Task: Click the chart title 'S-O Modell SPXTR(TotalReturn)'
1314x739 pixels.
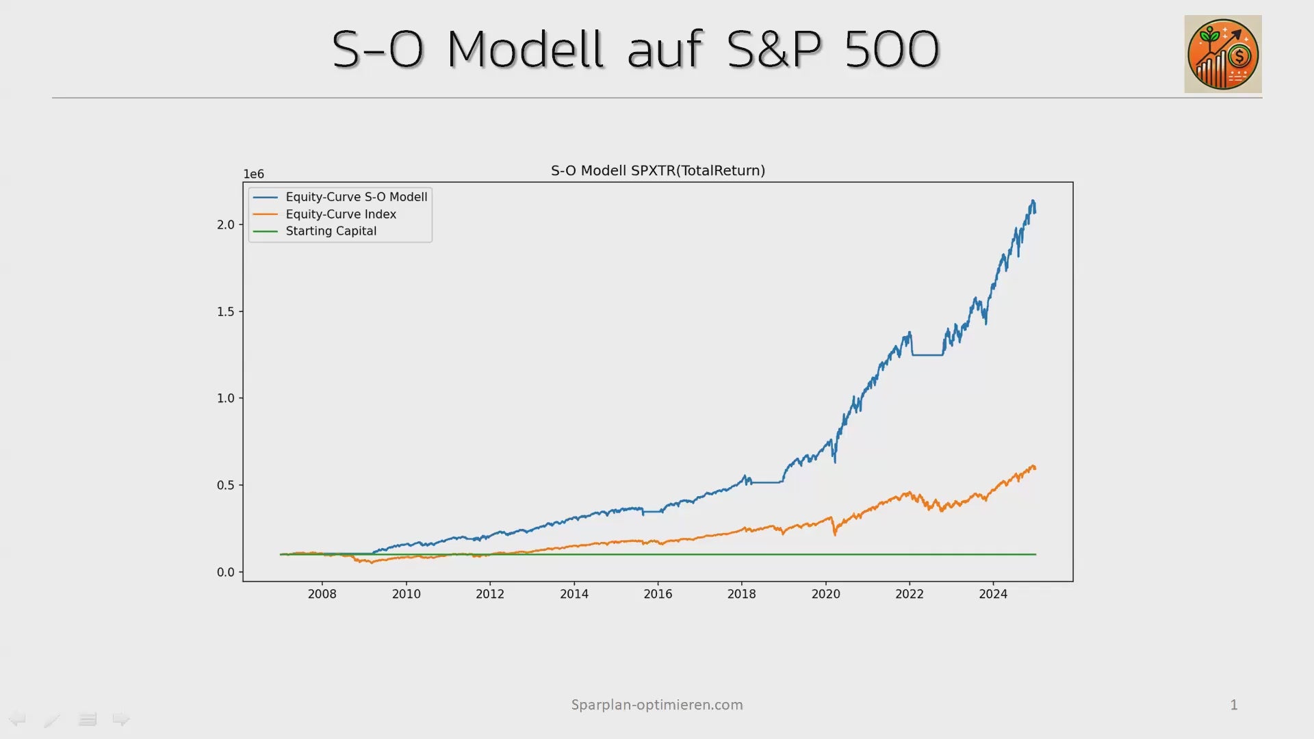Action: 658,170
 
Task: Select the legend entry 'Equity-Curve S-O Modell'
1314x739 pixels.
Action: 340,197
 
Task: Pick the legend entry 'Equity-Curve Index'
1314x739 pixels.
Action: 324,214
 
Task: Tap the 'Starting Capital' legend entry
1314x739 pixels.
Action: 315,231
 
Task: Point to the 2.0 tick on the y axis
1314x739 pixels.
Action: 226,224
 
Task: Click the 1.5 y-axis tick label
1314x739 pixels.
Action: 226,311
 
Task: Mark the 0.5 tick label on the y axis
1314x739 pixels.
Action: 226,485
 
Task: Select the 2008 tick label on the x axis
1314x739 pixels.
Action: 322,594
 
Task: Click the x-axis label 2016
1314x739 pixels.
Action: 658,594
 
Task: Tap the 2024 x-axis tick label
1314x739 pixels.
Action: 993,594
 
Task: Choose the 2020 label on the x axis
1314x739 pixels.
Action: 825,594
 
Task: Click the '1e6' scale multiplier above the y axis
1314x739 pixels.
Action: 253,174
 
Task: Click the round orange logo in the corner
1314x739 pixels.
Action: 1223,54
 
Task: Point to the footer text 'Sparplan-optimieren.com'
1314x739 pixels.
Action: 657,705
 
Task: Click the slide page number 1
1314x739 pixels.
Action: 1234,705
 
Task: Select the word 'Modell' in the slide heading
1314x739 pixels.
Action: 526,49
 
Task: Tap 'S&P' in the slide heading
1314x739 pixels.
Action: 774,49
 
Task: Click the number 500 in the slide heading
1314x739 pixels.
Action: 892,49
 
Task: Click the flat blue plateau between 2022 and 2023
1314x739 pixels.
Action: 927,355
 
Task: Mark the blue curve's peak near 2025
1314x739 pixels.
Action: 1033,200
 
